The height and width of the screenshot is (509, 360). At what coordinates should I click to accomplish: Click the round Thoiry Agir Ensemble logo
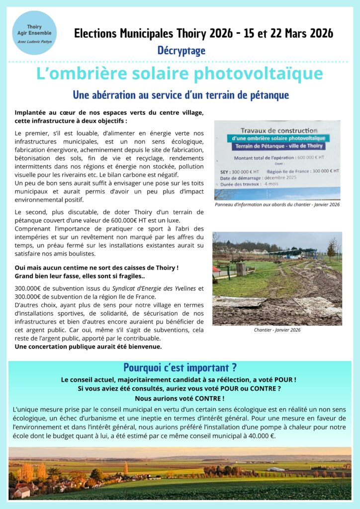34,33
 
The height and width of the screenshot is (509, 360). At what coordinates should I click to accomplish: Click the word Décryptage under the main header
181,50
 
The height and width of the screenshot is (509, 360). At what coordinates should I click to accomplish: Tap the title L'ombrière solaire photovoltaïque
180,74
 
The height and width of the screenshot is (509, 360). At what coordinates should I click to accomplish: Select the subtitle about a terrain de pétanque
180,94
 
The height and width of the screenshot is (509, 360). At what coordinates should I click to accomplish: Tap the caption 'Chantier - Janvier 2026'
277,330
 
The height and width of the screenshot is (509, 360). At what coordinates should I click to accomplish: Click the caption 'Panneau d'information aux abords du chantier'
277,204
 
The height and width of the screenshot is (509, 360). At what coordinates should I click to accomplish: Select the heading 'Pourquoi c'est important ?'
180,368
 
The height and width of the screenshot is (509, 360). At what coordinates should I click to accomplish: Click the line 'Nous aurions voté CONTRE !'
180,398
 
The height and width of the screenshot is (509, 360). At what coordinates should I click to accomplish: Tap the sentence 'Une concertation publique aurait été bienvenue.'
88,346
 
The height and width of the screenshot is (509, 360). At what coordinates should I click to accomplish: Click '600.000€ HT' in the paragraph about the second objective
117,220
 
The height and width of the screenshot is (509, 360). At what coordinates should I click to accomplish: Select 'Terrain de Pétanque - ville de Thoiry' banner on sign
276,146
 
